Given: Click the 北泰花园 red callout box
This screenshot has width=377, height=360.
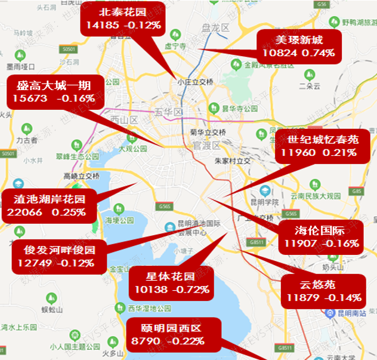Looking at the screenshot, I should tap(123, 19).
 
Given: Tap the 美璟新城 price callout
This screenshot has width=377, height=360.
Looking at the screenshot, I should tap(298, 47).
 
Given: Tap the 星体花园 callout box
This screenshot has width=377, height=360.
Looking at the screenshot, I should tap(170, 283).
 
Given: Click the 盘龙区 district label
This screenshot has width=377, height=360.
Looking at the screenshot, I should tap(215, 27).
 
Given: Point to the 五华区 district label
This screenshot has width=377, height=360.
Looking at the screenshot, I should tap(166, 111).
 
